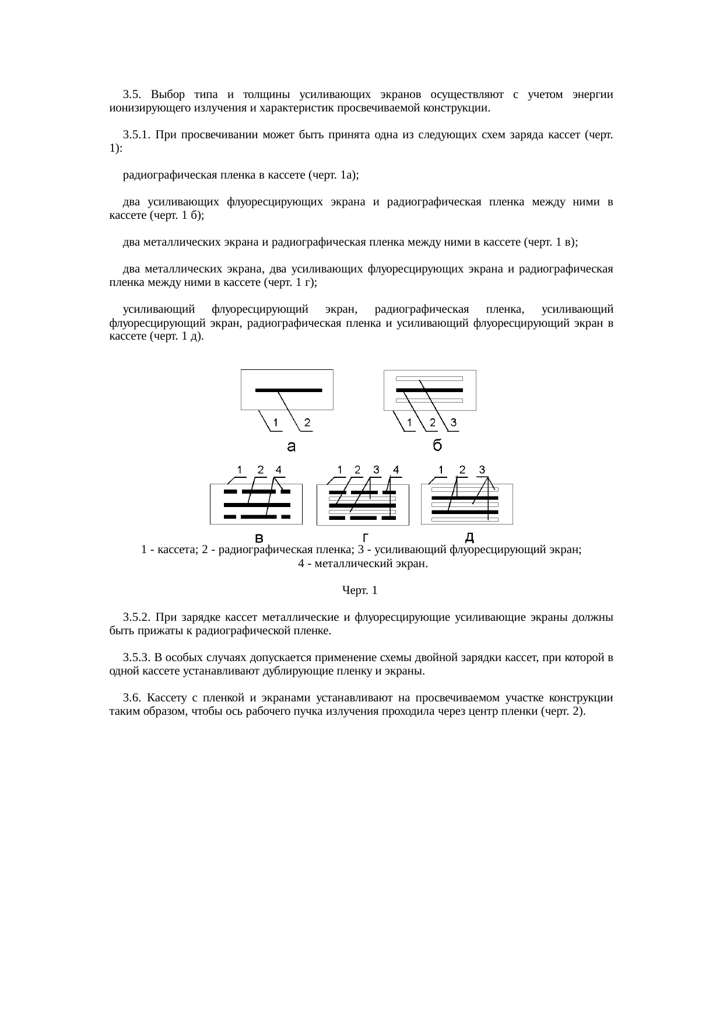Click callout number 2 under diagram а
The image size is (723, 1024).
tap(307, 422)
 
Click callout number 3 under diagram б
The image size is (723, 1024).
tap(453, 422)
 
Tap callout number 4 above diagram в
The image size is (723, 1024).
tap(279, 470)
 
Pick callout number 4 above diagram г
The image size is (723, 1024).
tap(396, 470)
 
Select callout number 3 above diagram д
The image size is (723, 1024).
tap(482, 470)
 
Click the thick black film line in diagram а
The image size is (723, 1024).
tap(289, 390)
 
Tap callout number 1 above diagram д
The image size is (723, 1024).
tap(442, 470)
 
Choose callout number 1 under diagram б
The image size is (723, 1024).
tap(410, 422)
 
